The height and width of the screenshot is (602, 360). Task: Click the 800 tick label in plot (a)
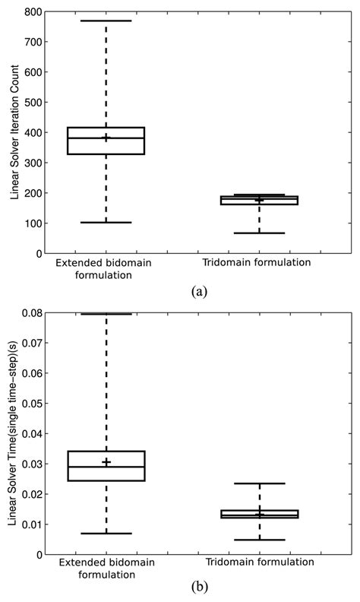[31, 12]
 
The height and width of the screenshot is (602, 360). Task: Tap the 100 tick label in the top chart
[31, 223]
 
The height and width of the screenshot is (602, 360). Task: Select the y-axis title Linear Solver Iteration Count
[14, 133]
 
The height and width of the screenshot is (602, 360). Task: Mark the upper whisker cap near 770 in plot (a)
[106, 21]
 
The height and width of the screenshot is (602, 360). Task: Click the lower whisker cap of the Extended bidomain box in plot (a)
[106, 223]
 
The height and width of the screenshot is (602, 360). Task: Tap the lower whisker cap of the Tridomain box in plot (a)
[259, 233]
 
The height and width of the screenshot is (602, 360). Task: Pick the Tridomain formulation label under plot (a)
[258, 263]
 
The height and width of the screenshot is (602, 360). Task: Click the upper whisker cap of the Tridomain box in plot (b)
[259, 483]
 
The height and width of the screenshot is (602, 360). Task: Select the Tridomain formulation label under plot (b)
[258, 563]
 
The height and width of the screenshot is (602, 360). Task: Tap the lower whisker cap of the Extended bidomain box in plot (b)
[106, 534]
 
